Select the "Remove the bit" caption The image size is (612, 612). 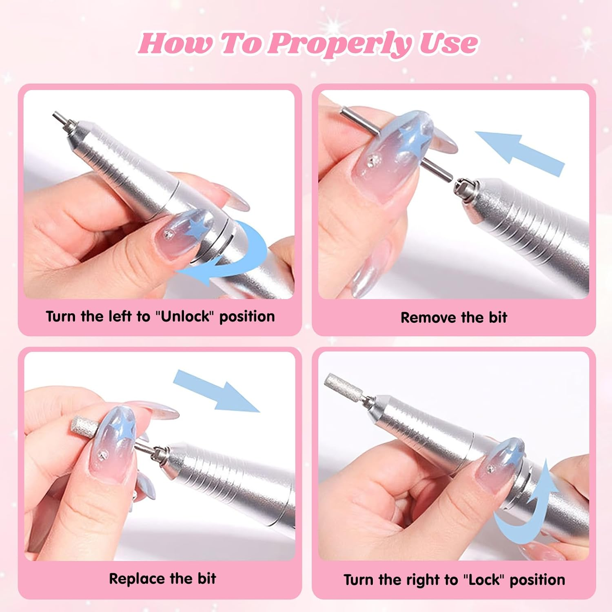pyautogui.click(x=454, y=317)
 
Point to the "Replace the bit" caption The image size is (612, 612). pyautogui.click(x=162, y=579)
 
